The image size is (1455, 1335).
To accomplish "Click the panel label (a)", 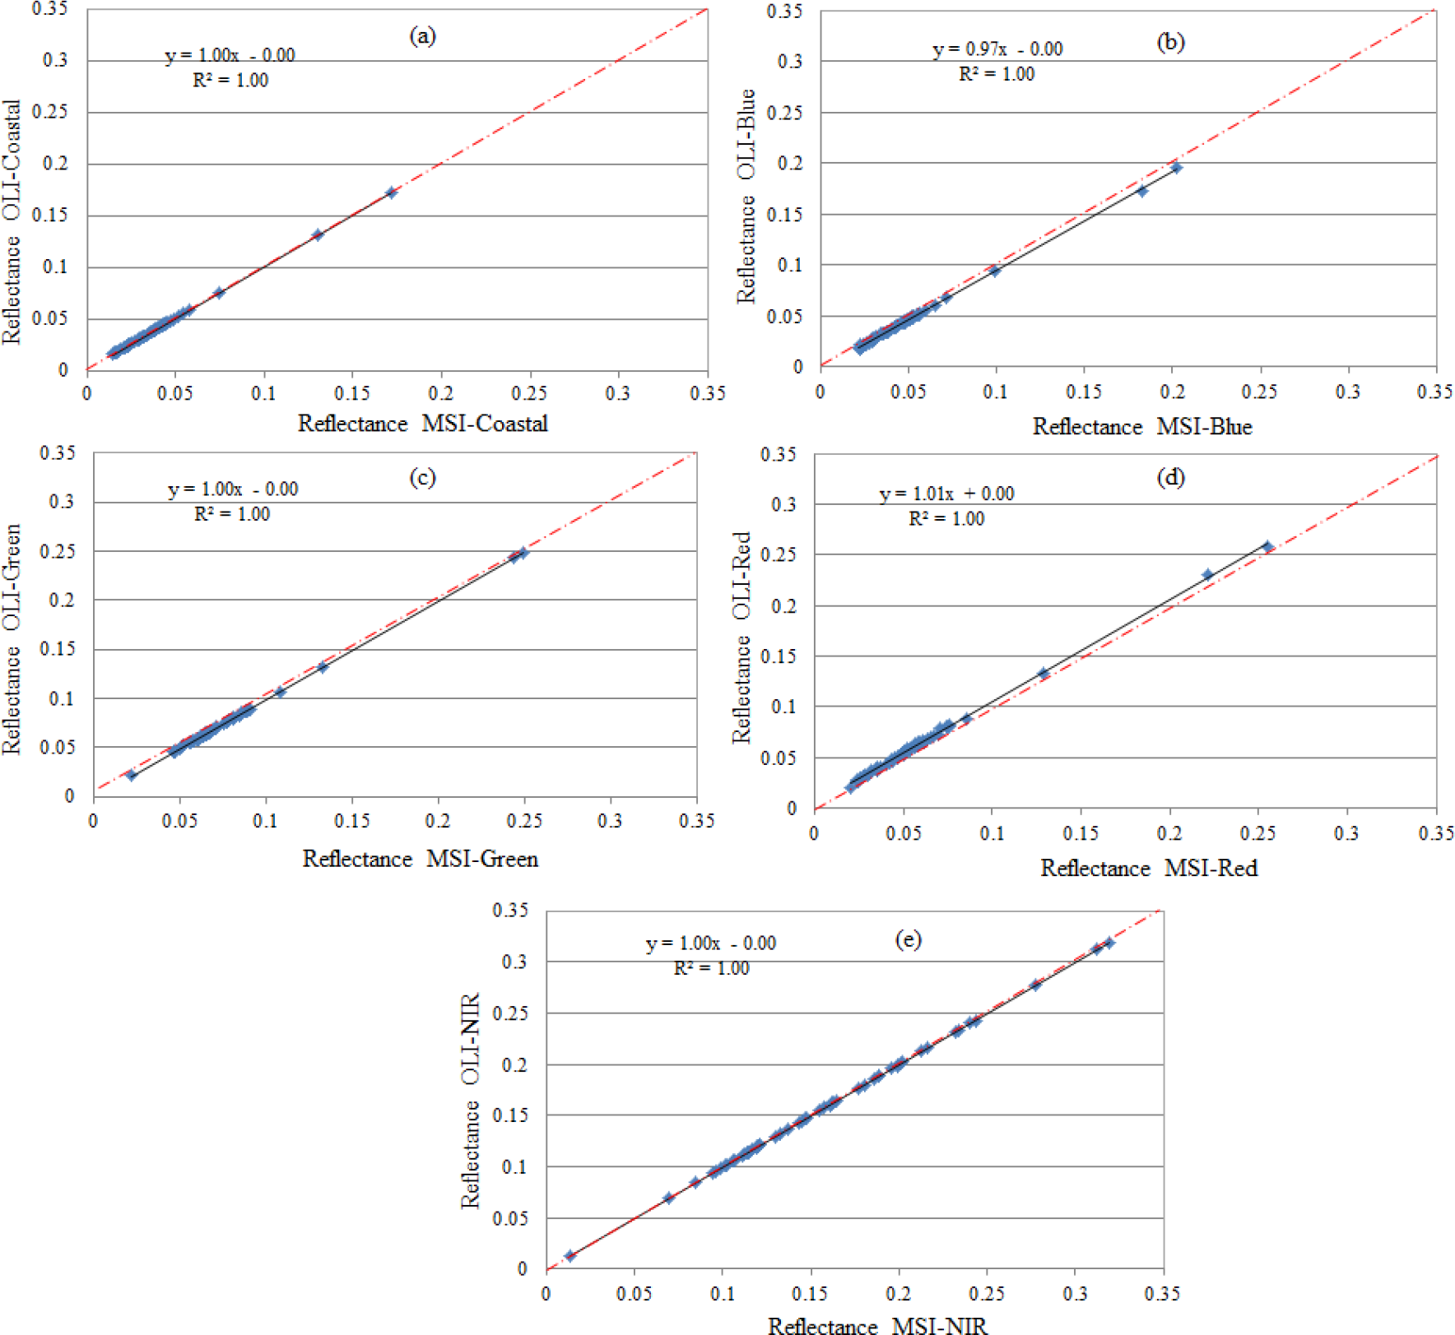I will tap(422, 36).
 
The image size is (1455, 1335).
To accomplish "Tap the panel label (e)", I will tap(908, 939).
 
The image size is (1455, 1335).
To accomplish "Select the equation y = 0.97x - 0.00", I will tap(997, 49).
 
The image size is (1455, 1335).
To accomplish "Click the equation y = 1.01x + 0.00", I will tap(946, 494).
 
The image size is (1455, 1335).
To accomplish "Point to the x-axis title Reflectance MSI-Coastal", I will tap(422, 424).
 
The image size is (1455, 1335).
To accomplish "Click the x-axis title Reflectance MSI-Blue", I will tap(1142, 427).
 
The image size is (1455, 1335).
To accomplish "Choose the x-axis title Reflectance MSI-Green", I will tap(420, 859).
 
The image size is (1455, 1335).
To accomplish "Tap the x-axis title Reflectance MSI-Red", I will tap(1149, 868).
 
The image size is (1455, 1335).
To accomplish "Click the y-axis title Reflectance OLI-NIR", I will tap(470, 1101).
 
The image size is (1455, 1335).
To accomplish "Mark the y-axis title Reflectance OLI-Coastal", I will tap(12, 222).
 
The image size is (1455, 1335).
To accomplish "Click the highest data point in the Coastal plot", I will tap(392, 192).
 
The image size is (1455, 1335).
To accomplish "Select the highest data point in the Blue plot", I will tap(1177, 168).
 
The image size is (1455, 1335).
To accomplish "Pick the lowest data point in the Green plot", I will tap(132, 775).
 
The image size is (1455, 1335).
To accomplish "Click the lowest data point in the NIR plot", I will tap(570, 1255).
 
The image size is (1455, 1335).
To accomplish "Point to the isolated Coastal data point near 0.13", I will tap(318, 234).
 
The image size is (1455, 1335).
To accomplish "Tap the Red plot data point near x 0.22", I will tap(1207, 575).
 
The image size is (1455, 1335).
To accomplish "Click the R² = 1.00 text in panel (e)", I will tap(711, 968).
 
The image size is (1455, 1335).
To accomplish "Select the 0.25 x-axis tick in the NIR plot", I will tap(987, 1293).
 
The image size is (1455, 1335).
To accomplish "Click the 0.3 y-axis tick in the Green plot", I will tap(61, 502).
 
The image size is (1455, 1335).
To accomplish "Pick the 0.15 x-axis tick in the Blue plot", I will tap(1083, 392).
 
